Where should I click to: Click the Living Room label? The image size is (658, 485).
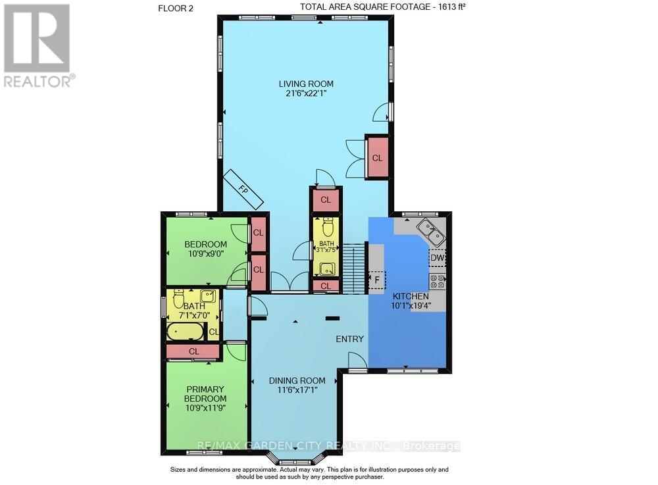pos(305,84)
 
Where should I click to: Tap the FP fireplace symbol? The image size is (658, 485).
pos(244,189)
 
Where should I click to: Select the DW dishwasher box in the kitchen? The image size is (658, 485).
pos(437,258)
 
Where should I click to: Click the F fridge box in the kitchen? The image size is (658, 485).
pos(378,280)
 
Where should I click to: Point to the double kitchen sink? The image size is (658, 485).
pos(430,230)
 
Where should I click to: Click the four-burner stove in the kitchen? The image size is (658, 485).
pos(438,282)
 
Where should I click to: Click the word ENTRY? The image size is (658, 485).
pos(349,339)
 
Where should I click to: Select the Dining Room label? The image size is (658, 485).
pos(297,380)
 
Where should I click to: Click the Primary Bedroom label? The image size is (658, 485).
pos(205,394)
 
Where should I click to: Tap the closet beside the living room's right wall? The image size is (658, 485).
pos(377,158)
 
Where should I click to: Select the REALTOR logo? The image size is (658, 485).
pos(38,45)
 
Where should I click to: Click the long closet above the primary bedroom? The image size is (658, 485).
pos(193,351)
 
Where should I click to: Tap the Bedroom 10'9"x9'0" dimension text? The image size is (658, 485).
pos(205,254)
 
